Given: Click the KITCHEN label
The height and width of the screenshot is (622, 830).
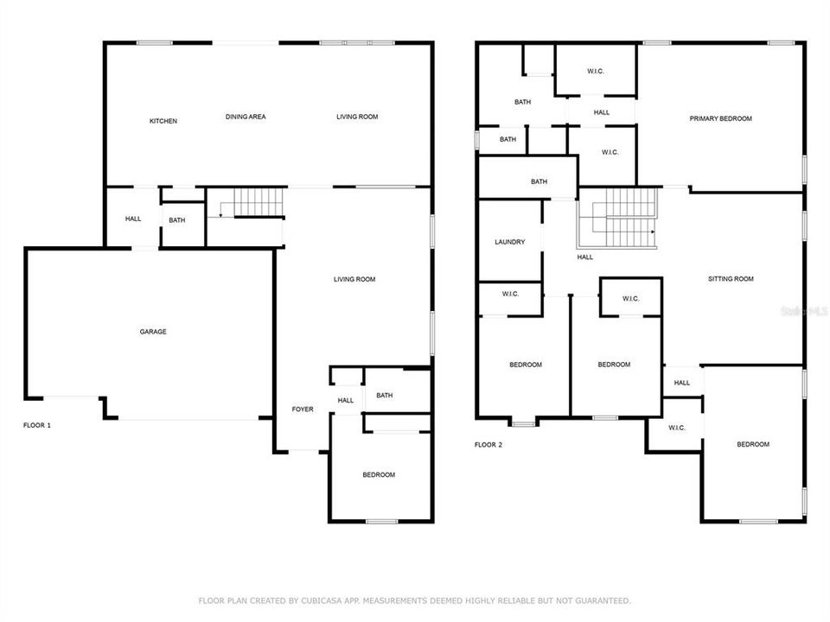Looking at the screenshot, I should click(163, 121).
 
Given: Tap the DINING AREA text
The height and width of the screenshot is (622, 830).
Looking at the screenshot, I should click(246, 117).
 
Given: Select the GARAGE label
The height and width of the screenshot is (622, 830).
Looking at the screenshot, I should click(153, 332).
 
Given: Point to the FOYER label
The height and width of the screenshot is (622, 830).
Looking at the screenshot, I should click(302, 409).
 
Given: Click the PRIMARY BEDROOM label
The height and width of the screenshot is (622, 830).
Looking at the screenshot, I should click(720, 118).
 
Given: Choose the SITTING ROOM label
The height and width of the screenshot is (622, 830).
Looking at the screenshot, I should click(731, 279).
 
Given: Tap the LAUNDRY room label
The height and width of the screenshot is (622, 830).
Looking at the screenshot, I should click(509, 242).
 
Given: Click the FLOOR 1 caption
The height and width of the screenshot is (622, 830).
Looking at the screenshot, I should click(37, 425).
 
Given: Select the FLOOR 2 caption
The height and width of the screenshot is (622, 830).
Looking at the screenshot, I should click(488, 445).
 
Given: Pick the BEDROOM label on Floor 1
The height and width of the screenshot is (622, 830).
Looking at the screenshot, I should click(378, 475).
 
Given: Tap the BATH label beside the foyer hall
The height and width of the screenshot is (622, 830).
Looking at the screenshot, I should click(384, 396).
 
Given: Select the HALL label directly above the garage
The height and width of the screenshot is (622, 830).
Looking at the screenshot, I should click(132, 219).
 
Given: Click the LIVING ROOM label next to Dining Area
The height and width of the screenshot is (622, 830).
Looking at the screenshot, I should click(357, 117).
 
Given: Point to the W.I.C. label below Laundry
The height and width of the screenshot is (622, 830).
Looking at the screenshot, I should click(509, 295).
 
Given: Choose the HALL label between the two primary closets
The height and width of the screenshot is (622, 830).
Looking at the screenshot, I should click(601, 112).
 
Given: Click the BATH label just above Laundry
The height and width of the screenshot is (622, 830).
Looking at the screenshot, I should click(539, 181).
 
